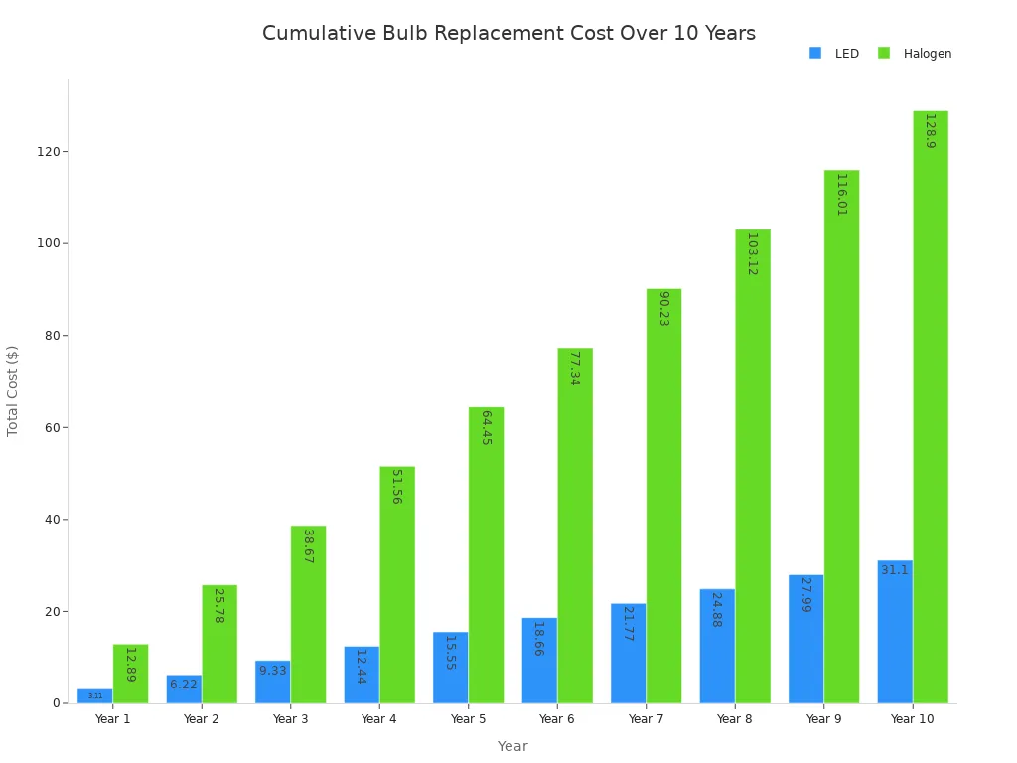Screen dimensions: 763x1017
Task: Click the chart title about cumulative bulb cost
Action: tap(508, 34)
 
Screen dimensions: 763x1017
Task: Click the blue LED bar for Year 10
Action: tap(894, 636)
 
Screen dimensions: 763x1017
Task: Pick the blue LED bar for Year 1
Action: tap(95, 696)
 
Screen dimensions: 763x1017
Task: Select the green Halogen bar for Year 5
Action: tap(486, 556)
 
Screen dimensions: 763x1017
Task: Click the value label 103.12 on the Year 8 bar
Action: tap(752, 254)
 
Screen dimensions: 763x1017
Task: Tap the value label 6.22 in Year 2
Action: tap(184, 685)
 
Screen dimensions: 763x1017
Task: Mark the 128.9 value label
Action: tap(930, 131)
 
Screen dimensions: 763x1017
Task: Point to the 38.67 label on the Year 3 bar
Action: tap(308, 545)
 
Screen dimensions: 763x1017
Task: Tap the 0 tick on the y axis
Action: tap(58, 703)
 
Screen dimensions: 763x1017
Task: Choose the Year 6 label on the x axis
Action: tap(556, 719)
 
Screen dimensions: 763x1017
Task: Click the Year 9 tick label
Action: tap(823, 719)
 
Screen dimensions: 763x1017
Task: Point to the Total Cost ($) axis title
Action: tap(13, 390)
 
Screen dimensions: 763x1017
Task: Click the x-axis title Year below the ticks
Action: tap(512, 746)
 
